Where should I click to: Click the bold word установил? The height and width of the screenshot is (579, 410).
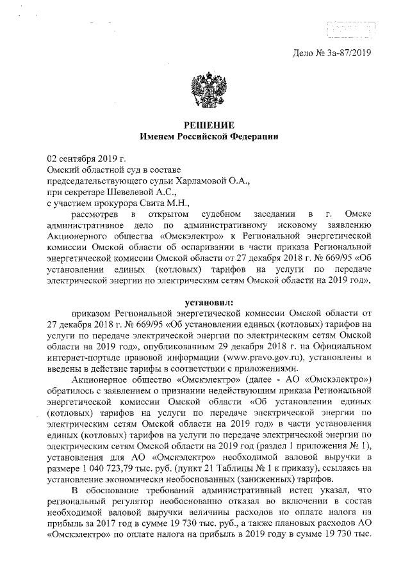pos(204,301)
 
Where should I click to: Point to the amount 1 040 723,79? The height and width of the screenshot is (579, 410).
pos(108,470)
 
